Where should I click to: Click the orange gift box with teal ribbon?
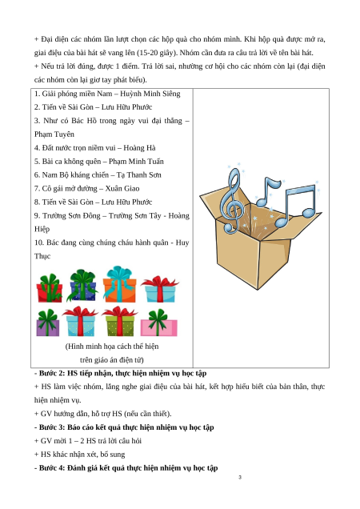[x=119, y=284]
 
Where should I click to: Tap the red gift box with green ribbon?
[x=49, y=289]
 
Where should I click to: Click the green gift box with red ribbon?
[x=119, y=322]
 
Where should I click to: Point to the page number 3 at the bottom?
[x=240, y=477]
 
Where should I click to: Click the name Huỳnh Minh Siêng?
[x=150, y=94]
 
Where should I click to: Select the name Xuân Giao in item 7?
[x=122, y=189]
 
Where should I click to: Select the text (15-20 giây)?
[x=157, y=53]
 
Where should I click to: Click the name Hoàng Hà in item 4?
[x=139, y=148]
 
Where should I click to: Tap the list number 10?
[x=38, y=242]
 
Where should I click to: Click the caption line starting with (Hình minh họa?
[x=112, y=347]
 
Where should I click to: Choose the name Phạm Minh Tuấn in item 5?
[x=136, y=162]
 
